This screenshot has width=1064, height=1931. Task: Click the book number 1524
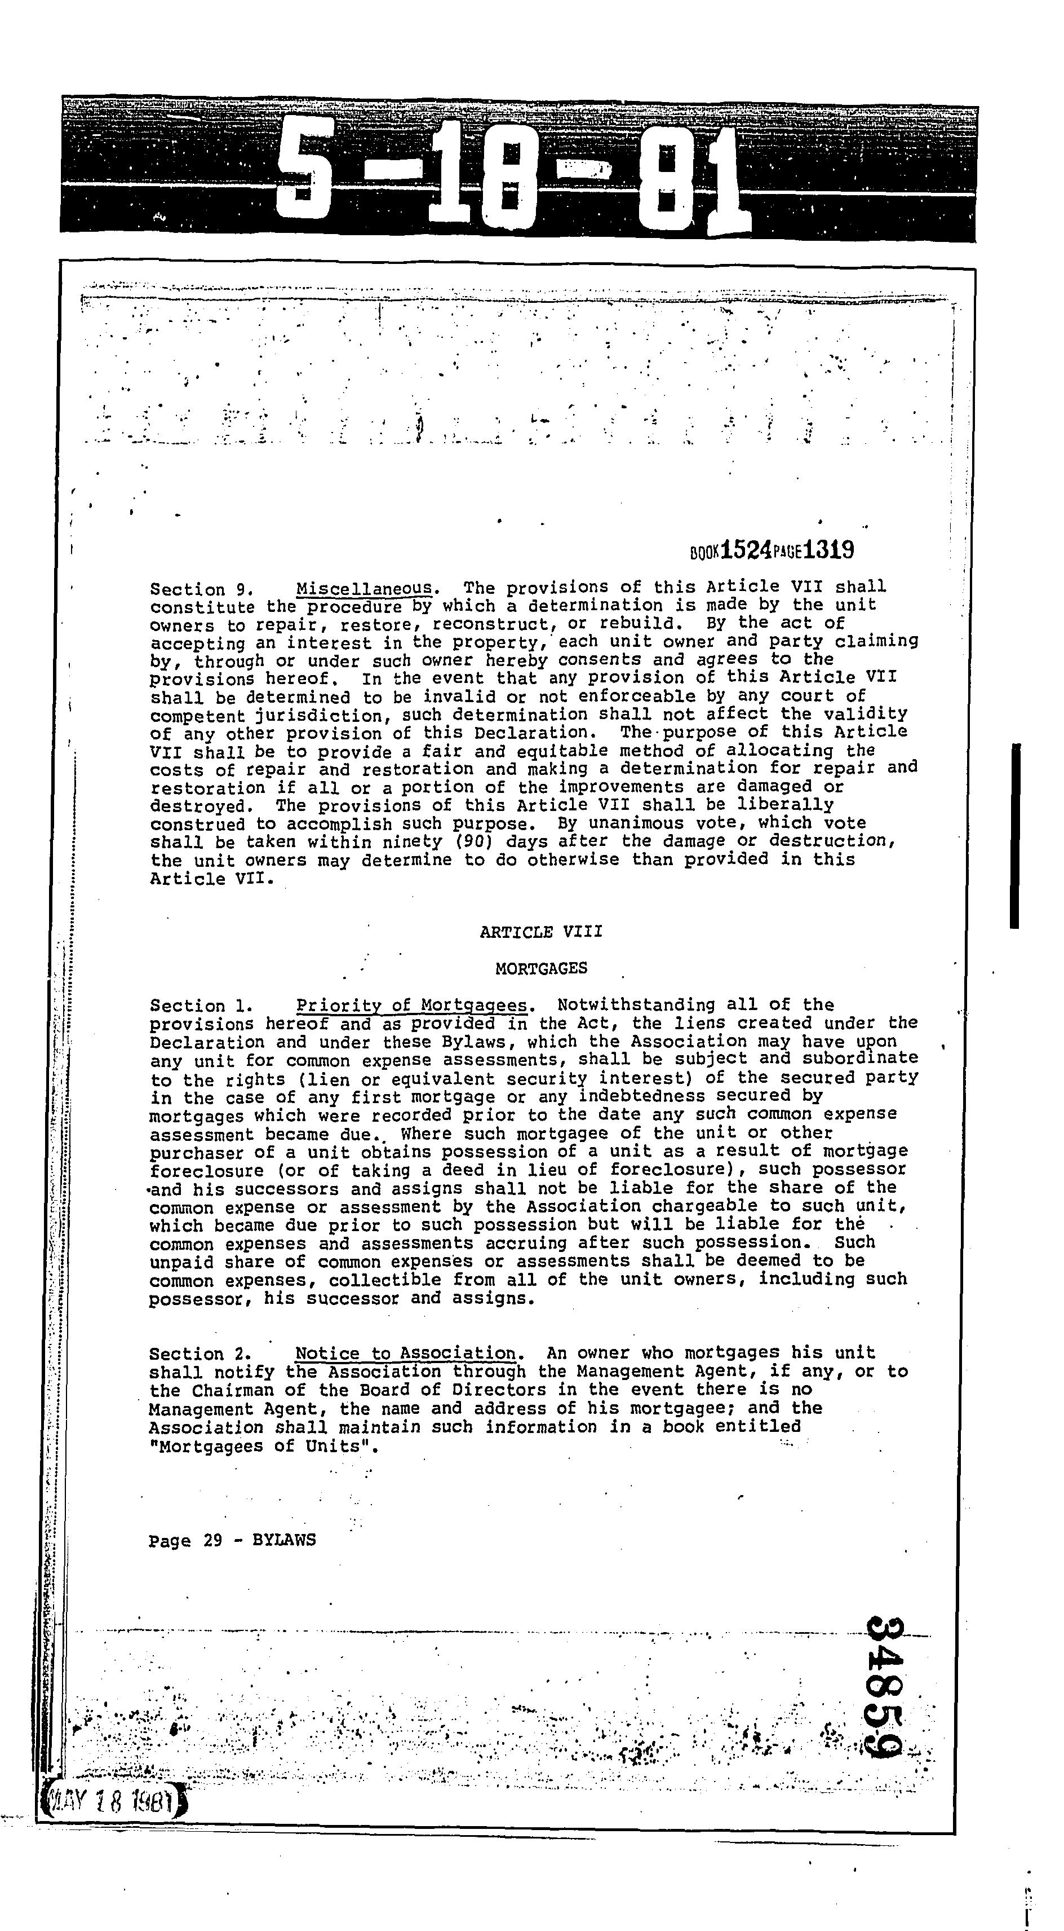tap(745, 551)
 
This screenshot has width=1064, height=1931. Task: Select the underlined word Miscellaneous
tap(364, 588)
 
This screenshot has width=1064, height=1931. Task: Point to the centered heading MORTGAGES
tap(541, 968)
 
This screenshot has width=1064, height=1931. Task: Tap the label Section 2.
tap(197, 1355)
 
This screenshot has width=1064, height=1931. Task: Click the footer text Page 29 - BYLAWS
tap(232, 1540)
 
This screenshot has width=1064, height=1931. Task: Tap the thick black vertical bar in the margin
tap(1014, 836)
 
